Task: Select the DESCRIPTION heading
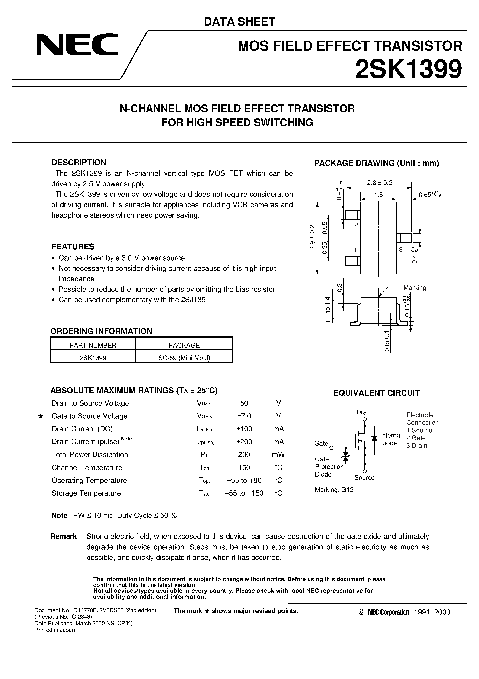pyautogui.click(x=79, y=162)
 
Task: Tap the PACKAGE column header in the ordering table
pyautogui.click(x=184, y=345)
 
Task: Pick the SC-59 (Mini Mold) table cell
pyautogui.click(x=184, y=358)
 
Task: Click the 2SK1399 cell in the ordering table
pyautogui.click(x=93, y=358)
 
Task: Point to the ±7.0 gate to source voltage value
pyautogui.click(x=244, y=416)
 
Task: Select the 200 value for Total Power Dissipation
pyautogui.click(x=244, y=454)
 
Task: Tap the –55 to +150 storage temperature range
pyautogui.click(x=244, y=493)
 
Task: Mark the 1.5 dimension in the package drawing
pyautogui.click(x=378, y=195)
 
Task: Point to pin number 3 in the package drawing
pyautogui.click(x=401, y=250)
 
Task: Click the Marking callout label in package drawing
pyautogui.click(x=415, y=288)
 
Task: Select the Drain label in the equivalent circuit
pyautogui.click(x=364, y=412)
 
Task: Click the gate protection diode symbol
pyautogui.click(x=345, y=458)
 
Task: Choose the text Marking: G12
pyautogui.click(x=334, y=490)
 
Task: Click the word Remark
pyautogui.click(x=64, y=536)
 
